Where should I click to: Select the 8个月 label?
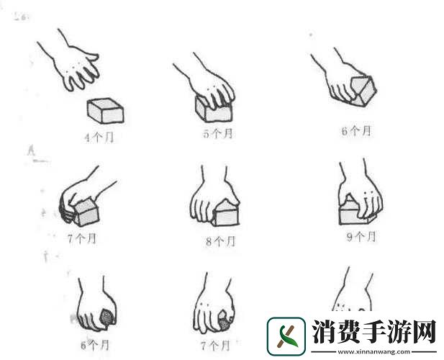pos(220,242)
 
